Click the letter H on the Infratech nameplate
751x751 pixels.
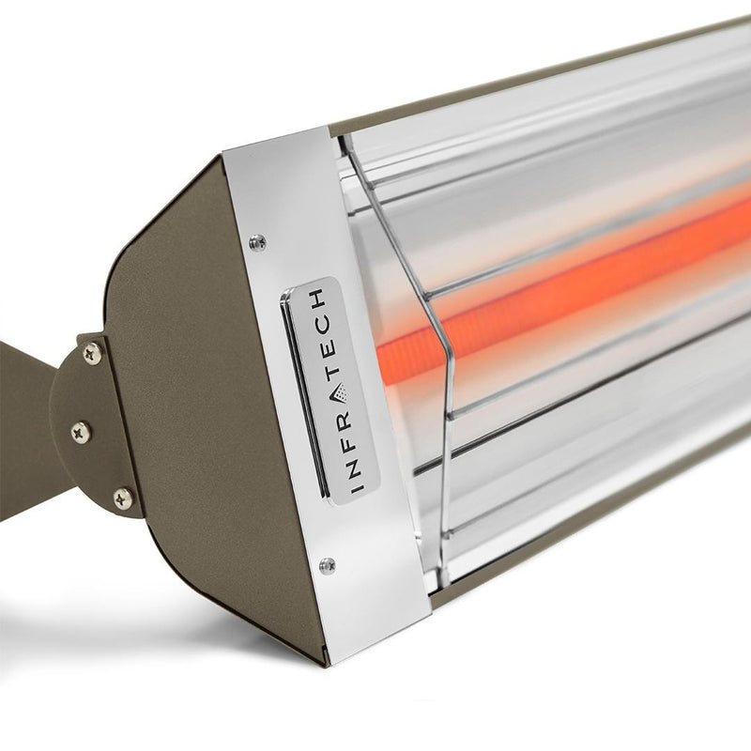pyautogui.click(x=319, y=298)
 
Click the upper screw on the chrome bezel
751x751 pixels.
pyautogui.click(x=256, y=243)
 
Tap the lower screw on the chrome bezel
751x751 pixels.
pyautogui.click(x=326, y=565)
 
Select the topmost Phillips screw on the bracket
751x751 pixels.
pyautogui.click(x=91, y=354)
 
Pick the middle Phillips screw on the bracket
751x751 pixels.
pyautogui.click(x=80, y=431)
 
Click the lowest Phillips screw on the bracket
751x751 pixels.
pyautogui.click(x=122, y=498)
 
